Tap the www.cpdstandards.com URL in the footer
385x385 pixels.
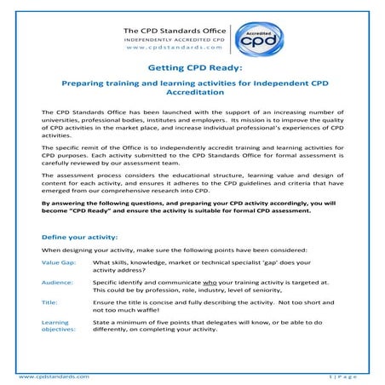tap(53, 376)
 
